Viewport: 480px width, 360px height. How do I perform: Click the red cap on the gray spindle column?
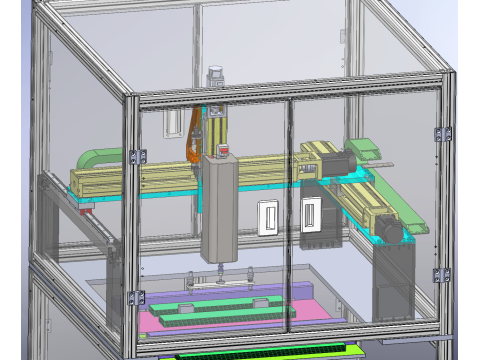click(x=224, y=151)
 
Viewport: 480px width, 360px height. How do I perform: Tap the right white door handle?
click(x=309, y=215)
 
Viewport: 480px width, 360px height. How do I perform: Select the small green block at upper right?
click(x=364, y=148)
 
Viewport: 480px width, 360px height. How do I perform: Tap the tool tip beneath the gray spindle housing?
click(x=218, y=270)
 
